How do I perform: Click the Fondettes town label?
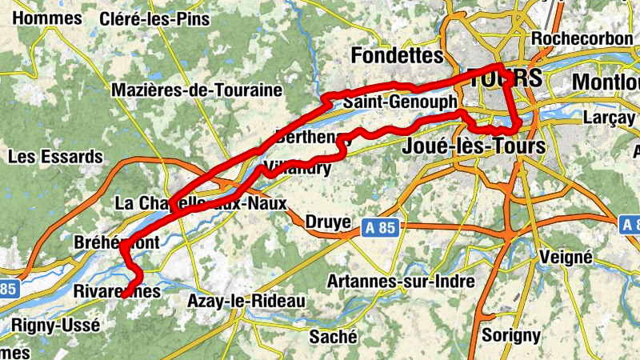pyautogui.click(x=397, y=56)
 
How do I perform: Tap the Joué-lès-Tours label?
pyautogui.click(x=475, y=146)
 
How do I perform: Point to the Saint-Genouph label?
pyautogui.click(x=399, y=102)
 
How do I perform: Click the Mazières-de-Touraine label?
pyautogui.click(x=198, y=90)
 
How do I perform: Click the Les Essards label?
pyautogui.click(x=55, y=156)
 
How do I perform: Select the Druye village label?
pyautogui.click(x=330, y=221)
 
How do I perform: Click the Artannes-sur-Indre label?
pyautogui.click(x=401, y=282)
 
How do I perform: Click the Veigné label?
pyautogui.click(x=565, y=257)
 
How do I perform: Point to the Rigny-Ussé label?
pyautogui.click(x=56, y=325)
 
